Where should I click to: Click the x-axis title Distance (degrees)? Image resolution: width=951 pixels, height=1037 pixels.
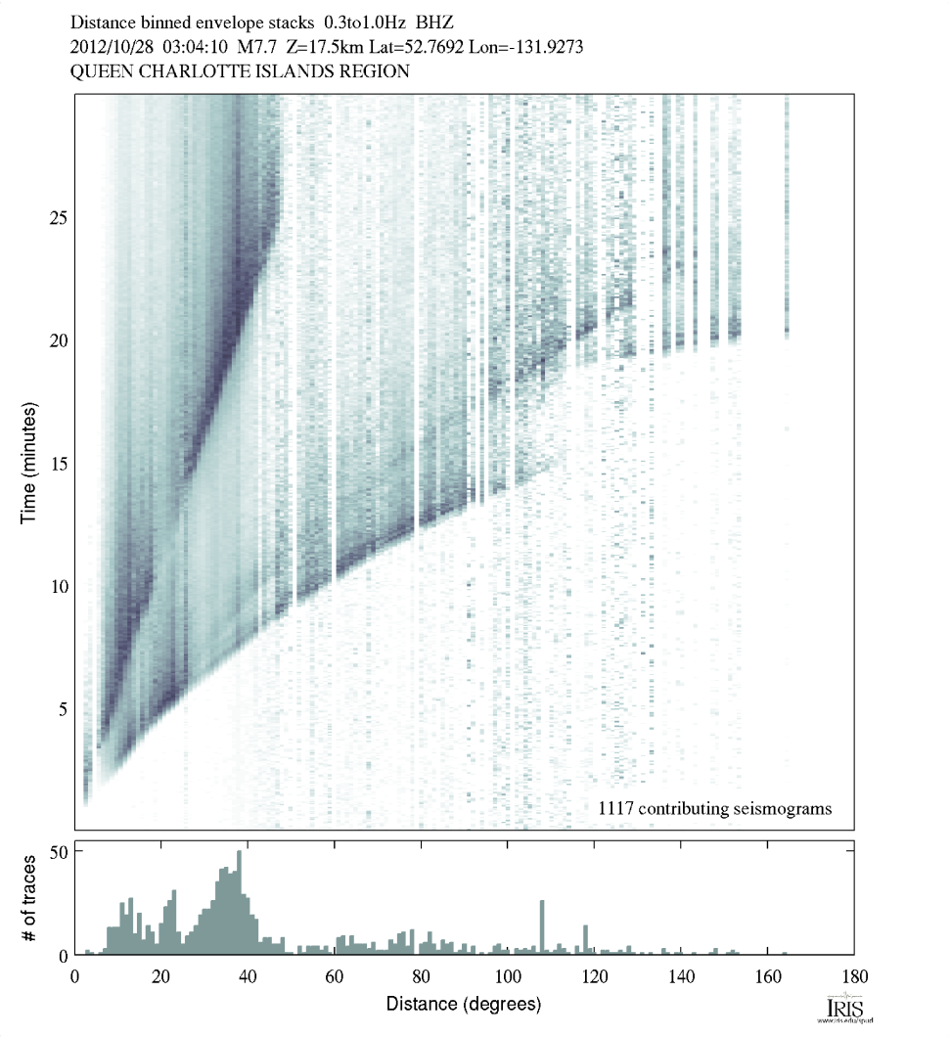(463, 1004)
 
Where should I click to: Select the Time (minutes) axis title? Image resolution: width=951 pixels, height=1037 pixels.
(29, 461)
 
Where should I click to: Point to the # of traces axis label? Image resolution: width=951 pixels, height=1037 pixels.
(29, 897)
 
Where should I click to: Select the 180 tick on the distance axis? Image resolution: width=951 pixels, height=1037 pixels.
(853, 975)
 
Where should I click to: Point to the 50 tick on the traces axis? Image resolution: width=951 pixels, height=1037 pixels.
(58, 851)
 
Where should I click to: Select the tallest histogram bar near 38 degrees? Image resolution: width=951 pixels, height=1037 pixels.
(239, 902)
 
